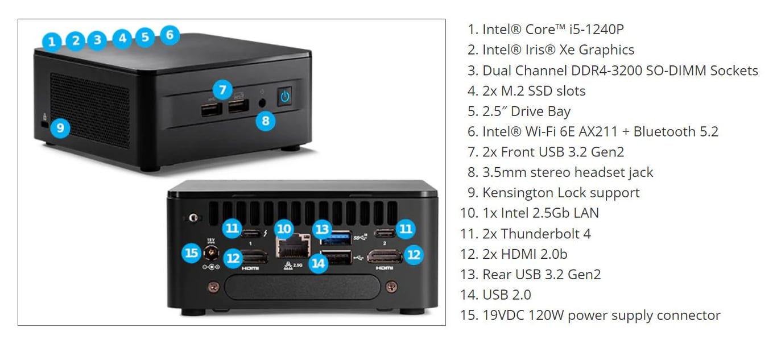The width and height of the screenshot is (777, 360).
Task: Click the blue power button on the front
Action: point(285,96)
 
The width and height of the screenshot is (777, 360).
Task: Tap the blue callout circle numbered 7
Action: point(222,89)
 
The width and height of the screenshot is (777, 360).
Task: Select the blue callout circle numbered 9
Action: point(60,127)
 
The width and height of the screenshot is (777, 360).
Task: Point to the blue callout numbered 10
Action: point(284,229)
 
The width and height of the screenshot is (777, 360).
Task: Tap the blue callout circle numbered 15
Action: point(191,253)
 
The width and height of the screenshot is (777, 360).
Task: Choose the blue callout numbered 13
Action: point(323,229)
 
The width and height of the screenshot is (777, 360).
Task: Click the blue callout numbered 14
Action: point(319,263)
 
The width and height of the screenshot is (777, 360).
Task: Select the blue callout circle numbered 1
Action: point(52,41)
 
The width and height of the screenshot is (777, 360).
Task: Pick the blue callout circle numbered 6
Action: point(170,35)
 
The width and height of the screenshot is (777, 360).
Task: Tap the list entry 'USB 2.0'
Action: point(506,295)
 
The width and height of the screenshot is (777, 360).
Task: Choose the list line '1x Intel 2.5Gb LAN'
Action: point(540,213)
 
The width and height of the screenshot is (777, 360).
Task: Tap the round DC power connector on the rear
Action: point(212,253)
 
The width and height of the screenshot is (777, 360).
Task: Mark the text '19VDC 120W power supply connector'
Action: point(601,315)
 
